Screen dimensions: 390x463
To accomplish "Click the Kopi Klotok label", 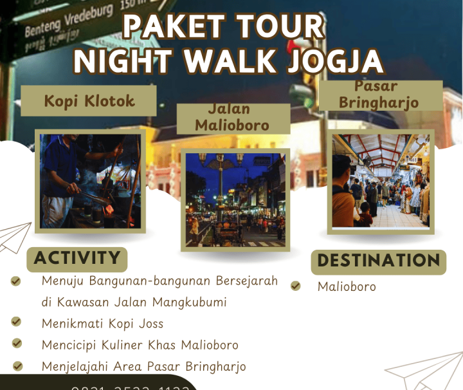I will pyautogui.click(x=89, y=101).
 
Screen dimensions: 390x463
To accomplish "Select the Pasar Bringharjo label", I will pyautogui.click(x=379, y=95).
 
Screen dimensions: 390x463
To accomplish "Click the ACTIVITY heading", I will pyautogui.click(x=77, y=259).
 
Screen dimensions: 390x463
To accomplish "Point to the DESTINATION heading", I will pyautogui.click(x=379, y=261).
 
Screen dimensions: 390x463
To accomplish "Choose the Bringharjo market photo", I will pyautogui.click(x=380, y=181).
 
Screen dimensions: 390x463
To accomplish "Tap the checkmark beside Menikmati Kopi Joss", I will pyautogui.click(x=16, y=322).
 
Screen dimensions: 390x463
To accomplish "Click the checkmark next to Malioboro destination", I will pyautogui.click(x=295, y=286).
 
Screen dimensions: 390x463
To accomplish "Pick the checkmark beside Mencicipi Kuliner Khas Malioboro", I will pyautogui.click(x=17, y=344).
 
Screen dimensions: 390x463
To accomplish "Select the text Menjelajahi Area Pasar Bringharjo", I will pyautogui.click(x=143, y=366).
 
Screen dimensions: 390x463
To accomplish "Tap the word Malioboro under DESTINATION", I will pyautogui.click(x=347, y=286).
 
